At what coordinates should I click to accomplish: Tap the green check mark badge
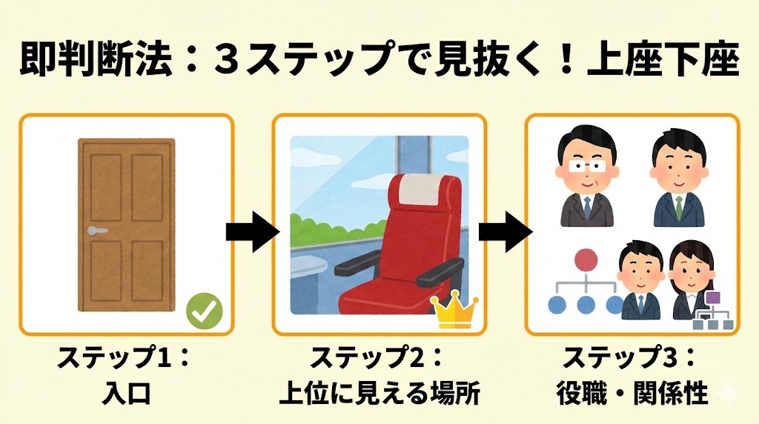204,311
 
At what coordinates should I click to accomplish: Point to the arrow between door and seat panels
252,232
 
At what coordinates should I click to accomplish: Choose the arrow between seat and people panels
505,232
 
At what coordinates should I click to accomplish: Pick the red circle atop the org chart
586,260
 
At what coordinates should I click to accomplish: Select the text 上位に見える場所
379,394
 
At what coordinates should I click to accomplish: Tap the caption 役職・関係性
632,394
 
